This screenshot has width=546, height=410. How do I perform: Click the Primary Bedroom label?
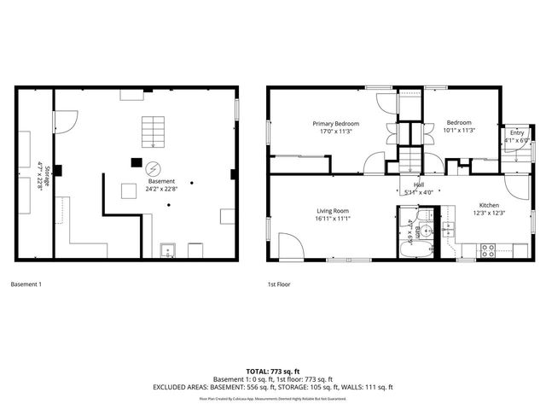click(x=335, y=123)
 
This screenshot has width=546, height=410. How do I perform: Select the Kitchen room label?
click(x=489, y=205)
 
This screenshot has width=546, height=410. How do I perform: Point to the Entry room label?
click(x=517, y=132)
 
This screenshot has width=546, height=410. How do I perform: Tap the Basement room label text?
click(x=161, y=181)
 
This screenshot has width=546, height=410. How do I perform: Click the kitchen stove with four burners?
click(x=490, y=251)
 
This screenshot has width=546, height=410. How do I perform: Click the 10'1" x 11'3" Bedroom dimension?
click(x=459, y=131)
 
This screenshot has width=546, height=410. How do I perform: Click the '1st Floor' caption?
click(x=278, y=284)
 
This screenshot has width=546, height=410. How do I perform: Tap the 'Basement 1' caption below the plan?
click(x=26, y=284)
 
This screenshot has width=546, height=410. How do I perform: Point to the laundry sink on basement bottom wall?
click(x=170, y=251)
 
